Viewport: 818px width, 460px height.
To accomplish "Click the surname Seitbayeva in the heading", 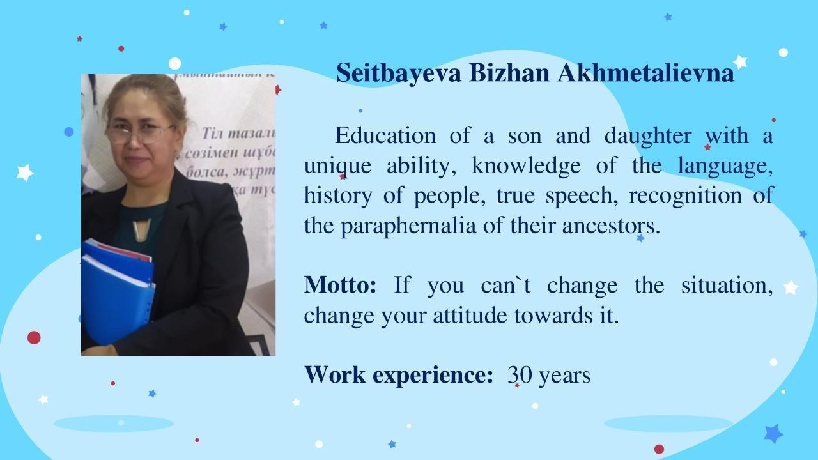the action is [398, 73].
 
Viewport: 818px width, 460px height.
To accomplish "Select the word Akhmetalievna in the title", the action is [645, 73].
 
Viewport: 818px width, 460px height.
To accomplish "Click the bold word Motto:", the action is [340, 285].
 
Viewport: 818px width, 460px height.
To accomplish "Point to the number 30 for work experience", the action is [520, 375].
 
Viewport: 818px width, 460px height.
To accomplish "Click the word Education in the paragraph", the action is [385, 135].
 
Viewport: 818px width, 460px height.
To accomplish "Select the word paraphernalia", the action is [408, 226].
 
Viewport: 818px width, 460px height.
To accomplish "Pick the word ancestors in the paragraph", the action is [612, 226].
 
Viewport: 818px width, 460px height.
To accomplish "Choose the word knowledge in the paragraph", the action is [526, 166].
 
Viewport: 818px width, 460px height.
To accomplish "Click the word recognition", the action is [686, 196].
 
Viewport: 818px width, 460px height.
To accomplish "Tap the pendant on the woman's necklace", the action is [141, 230].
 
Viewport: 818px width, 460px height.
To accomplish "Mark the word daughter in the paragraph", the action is [648, 137].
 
